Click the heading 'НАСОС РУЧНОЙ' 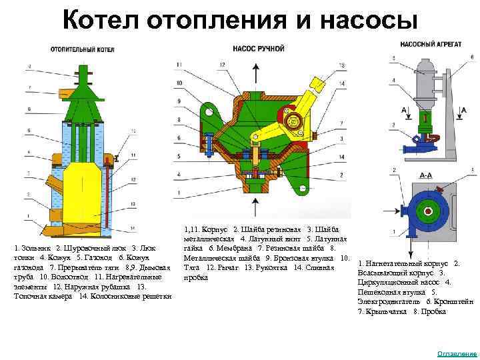259,48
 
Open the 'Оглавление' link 457,353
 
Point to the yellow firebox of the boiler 81,187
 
